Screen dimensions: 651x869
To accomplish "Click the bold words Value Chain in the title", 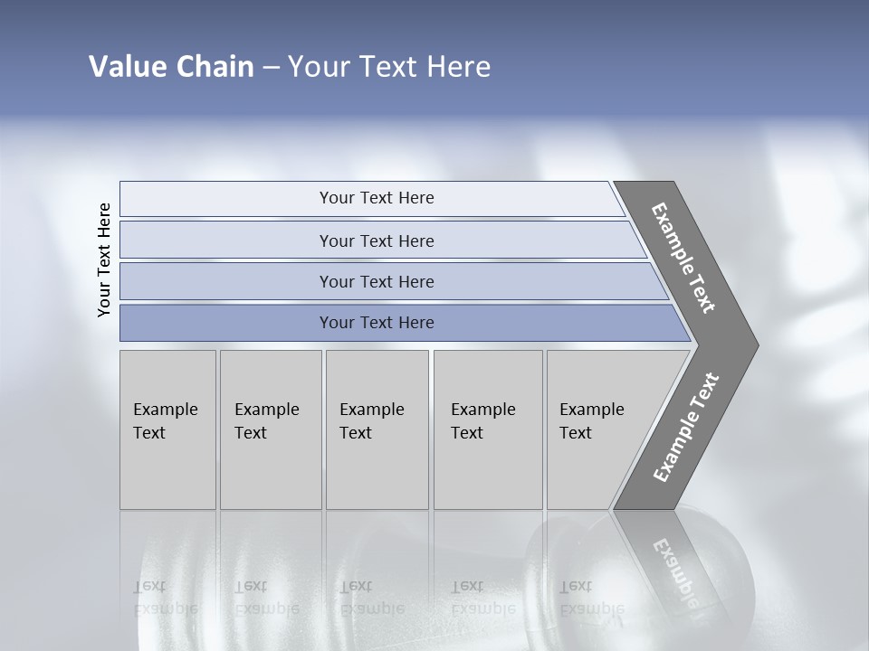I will pos(171,67).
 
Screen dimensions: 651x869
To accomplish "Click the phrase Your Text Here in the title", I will pos(389,67).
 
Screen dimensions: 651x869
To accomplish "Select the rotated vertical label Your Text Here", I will pos(104,259).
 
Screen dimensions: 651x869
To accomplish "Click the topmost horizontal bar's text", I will pos(377,198).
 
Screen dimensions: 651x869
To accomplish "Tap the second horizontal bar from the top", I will pos(377,241).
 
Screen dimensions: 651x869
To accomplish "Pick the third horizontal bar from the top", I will pos(377,282).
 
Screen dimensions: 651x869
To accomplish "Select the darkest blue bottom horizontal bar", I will pos(377,323).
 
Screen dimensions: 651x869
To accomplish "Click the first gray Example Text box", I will pos(167,429).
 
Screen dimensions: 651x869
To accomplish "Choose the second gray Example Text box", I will pos(270,429).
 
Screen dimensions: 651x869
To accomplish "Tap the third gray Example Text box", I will pos(376,429).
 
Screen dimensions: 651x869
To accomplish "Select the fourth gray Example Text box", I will pos(487,429).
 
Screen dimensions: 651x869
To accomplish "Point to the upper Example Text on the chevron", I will pos(684,258).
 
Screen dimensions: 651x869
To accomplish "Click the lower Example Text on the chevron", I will pos(686,428).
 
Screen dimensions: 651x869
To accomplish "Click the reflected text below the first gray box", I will pos(165,597).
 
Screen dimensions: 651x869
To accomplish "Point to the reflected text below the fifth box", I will pos(591,597).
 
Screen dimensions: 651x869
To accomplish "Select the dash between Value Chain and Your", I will pos(271,68).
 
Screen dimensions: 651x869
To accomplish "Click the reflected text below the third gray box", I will pos(371,597).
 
